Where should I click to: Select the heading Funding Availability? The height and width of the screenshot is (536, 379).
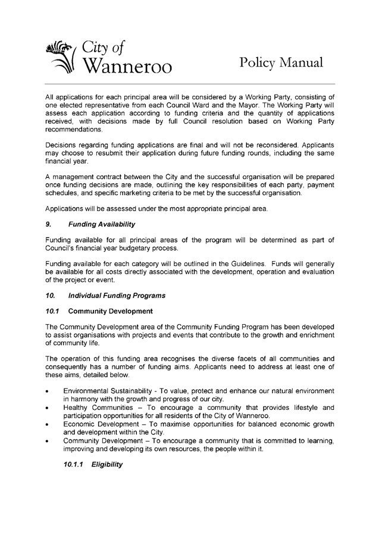pyautogui.click(x=103, y=224)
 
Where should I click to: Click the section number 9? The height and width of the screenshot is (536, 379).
pyautogui.click(x=48, y=224)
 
